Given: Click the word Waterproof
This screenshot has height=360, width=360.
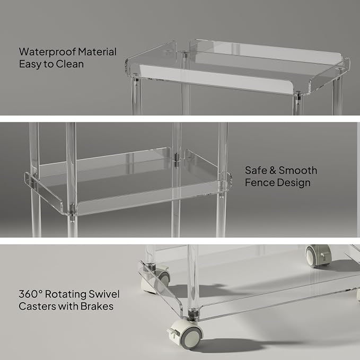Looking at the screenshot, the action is [48, 52].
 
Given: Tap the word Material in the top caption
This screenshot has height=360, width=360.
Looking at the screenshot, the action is [97, 51].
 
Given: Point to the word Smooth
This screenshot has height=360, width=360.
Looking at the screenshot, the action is [298, 170].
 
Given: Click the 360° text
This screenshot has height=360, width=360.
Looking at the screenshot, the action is [31, 294].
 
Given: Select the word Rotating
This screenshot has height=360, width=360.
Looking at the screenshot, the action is [66, 294].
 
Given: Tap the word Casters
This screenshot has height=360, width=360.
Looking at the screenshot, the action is [37, 306].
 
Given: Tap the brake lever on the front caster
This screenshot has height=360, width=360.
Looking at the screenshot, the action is [171, 332].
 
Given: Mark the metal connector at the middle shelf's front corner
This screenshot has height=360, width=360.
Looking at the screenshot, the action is [72, 209].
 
